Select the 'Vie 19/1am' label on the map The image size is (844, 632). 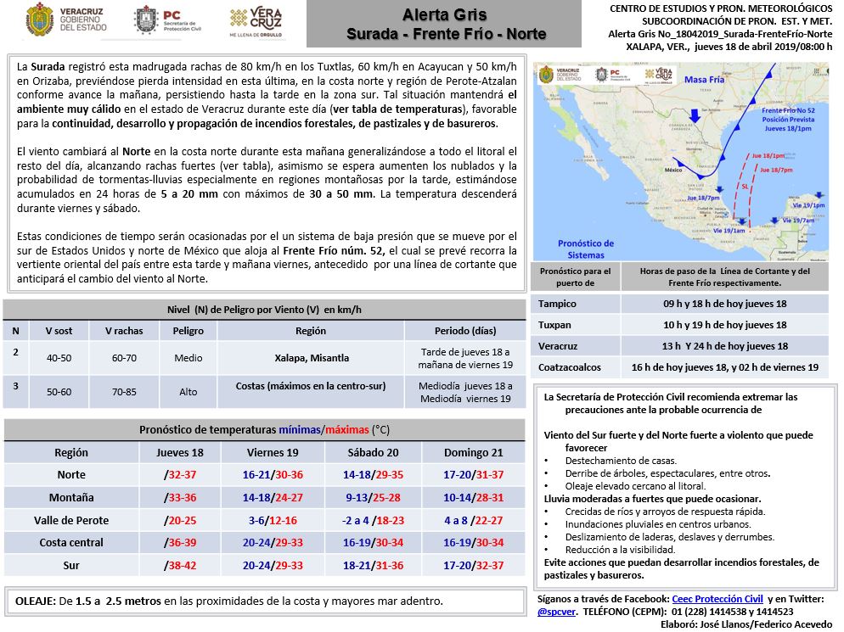tap(729, 230)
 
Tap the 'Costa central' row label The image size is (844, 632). tap(71, 542)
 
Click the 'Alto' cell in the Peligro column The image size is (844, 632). tap(187, 391)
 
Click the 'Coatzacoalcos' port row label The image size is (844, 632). tap(569, 367)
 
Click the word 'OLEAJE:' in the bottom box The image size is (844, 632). tap(35, 601)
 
